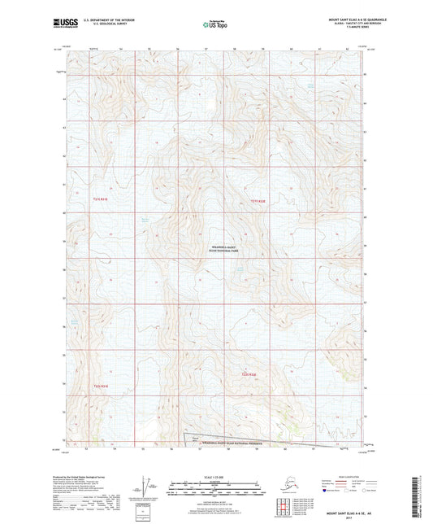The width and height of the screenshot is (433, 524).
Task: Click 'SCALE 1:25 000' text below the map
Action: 215,474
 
